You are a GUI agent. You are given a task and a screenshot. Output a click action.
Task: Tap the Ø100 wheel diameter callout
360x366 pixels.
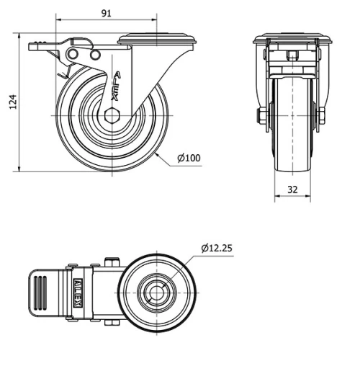189,159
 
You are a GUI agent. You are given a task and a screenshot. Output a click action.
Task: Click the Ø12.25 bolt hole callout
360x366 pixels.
216,248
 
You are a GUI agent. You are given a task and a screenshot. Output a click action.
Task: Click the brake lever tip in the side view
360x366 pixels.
34,46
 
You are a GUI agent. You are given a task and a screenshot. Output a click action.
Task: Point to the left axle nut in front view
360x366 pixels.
261,115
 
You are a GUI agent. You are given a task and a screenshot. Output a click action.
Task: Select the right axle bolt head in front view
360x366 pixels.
322,115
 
